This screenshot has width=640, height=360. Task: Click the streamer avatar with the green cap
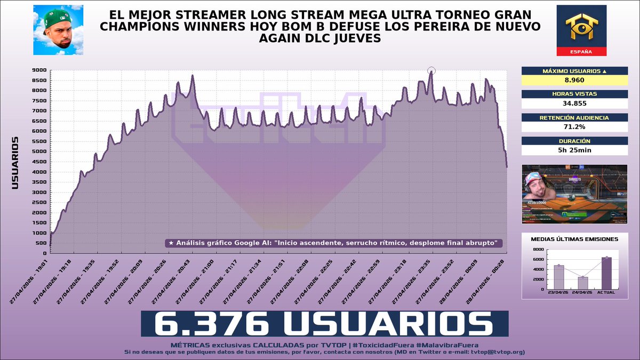tap(58, 30)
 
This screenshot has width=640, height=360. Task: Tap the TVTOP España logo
tap(581, 30)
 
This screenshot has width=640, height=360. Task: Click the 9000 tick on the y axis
tap(39, 70)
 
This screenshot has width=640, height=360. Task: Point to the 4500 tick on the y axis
tap(39, 162)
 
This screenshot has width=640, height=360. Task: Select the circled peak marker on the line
tap(431, 70)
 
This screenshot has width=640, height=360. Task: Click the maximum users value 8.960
tap(574, 80)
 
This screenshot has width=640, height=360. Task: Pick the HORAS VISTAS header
tap(574, 93)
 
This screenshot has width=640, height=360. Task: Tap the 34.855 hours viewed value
tap(574, 103)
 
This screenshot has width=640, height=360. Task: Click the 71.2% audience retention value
tap(574, 127)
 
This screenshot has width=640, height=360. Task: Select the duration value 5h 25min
tap(574, 150)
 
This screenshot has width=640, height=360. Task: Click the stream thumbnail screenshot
tap(574, 194)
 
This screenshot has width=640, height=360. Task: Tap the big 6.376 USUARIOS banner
tap(324, 324)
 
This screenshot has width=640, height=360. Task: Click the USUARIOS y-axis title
tap(15, 163)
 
